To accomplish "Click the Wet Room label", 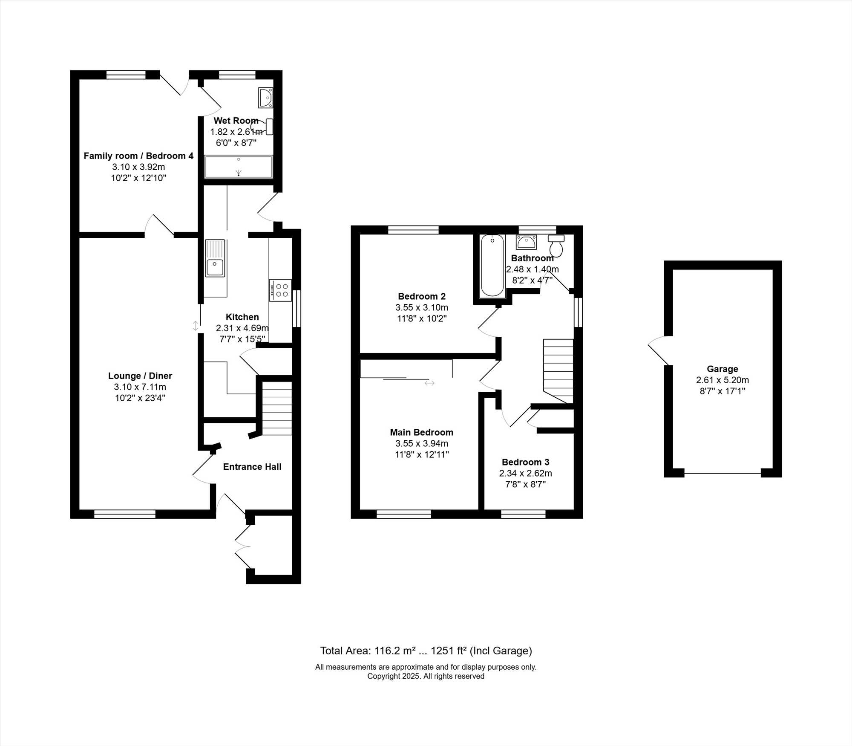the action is click(x=236, y=121).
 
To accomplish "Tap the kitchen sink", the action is click(x=215, y=258).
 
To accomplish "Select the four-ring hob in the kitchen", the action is click(x=280, y=290).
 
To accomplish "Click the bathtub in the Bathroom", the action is click(x=492, y=266).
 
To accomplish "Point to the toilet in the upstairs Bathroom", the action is click(x=556, y=246).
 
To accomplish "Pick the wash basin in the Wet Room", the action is click(x=265, y=98).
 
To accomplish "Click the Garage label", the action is click(x=722, y=369).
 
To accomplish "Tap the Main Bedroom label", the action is click(x=422, y=432).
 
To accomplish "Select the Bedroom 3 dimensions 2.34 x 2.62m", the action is click(x=526, y=473).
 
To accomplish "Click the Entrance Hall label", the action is click(x=252, y=467).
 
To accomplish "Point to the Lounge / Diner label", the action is click(x=140, y=376).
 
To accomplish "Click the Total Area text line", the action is click(x=426, y=651).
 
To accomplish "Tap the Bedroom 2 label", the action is click(x=422, y=296).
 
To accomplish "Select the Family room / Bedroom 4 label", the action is click(x=138, y=156).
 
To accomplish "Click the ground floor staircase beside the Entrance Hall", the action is click(x=277, y=408).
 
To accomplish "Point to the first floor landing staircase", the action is click(x=558, y=371).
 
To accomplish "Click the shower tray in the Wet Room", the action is click(x=239, y=167).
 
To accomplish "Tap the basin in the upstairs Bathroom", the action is click(x=526, y=242).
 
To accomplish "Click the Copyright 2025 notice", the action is click(x=426, y=677).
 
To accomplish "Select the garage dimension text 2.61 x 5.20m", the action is click(x=722, y=380).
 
